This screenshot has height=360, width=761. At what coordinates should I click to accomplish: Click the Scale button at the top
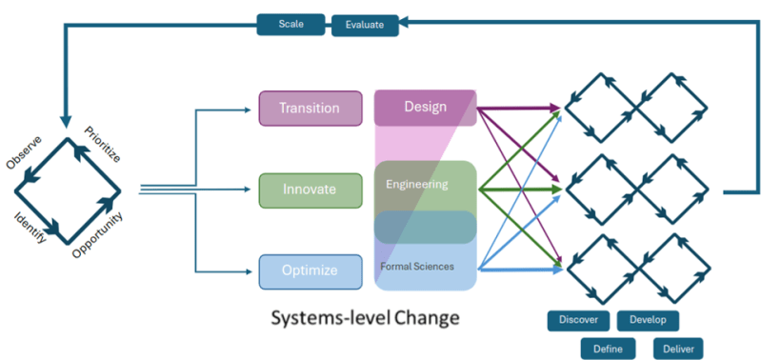coord(291,23)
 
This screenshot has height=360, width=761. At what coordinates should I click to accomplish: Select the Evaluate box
coord(365,25)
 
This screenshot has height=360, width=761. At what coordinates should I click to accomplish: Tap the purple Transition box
coord(310,108)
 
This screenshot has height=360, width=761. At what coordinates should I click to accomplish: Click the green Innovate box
coord(310,190)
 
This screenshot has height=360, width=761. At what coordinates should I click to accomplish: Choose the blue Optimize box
coord(310,271)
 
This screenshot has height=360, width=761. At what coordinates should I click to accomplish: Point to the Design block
coord(424,107)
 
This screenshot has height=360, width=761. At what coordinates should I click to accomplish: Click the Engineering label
coord(416,184)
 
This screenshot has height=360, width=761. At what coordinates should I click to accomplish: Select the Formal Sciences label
coord(417,266)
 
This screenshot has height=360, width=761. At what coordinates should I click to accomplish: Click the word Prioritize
coord(103,144)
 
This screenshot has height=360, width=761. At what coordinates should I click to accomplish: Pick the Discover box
coord(578,320)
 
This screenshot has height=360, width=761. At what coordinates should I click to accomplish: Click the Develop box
coord(648,320)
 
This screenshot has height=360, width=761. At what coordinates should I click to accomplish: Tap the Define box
coord(608,349)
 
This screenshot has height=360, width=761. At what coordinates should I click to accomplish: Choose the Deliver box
coord(677,349)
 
